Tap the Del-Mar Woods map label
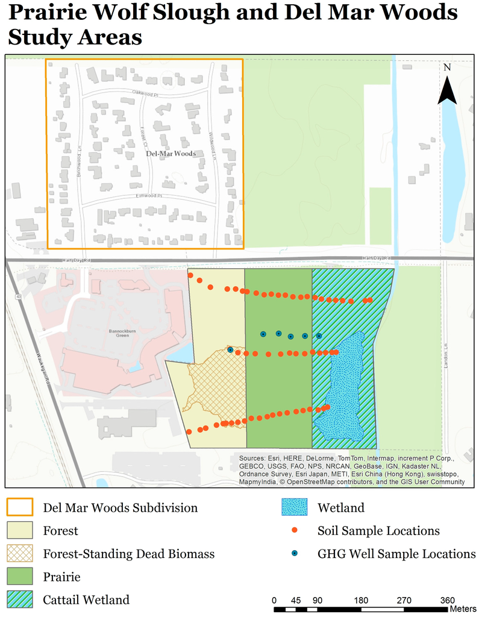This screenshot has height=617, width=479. click(x=171, y=154)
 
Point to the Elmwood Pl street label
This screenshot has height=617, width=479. click(x=148, y=196)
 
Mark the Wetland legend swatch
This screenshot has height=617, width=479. click(x=295, y=508)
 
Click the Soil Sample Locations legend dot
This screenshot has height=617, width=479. click(x=295, y=531)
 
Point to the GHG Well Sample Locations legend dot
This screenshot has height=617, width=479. click(x=295, y=554)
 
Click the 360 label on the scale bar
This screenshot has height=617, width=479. click(x=448, y=600)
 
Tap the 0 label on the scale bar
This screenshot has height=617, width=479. click(x=274, y=600)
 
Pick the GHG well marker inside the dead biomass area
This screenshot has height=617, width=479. click(x=230, y=349)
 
